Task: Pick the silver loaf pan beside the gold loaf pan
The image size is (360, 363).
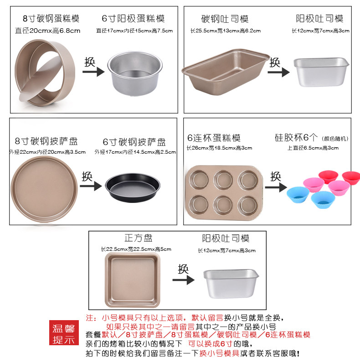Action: [319, 72]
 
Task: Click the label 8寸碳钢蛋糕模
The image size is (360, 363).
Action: [51, 19]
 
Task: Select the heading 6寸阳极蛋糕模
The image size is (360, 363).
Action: [133, 19]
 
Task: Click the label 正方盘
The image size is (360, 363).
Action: [139, 238]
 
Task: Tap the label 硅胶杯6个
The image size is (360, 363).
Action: [296, 138]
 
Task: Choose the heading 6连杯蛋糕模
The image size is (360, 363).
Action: [213, 138]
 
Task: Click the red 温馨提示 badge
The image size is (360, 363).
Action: [65, 334]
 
